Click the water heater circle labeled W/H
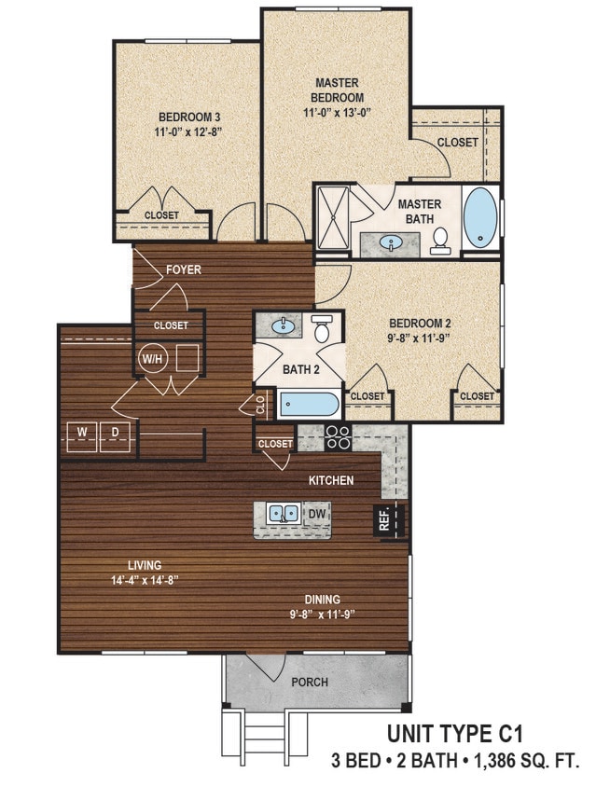point(152,358)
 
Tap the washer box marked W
point(82,436)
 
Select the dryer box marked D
point(115,436)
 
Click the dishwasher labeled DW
point(317,514)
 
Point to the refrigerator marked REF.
point(389,521)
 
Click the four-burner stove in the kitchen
point(337,437)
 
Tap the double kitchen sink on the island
point(284,514)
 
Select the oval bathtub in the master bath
point(480,217)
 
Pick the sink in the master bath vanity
point(390,243)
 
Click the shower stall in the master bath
point(332,218)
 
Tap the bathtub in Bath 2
point(309,404)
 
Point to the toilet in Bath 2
point(320,328)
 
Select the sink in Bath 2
point(283,326)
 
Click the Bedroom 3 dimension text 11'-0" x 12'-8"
point(188,132)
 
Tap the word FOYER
point(184,269)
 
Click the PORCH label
point(310,683)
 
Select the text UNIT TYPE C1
point(455,734)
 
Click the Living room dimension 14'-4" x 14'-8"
point(146,581)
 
